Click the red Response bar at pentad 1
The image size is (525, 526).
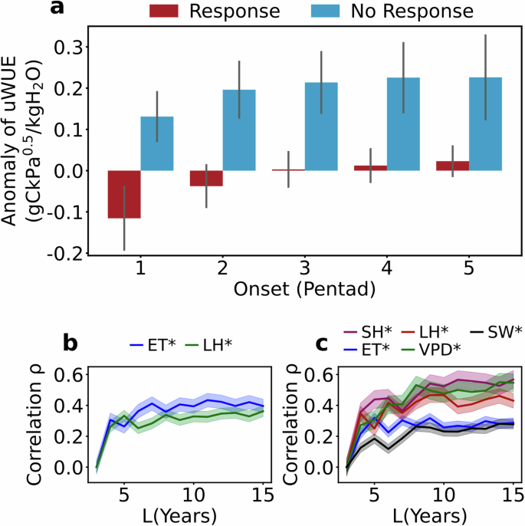tap(124, 195)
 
